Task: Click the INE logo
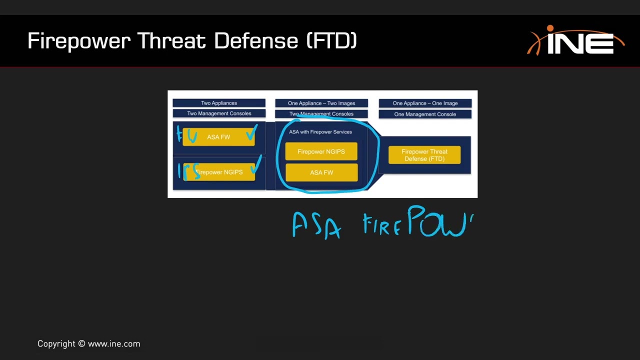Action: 576,41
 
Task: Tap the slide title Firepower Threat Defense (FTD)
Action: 192,41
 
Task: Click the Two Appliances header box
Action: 219,103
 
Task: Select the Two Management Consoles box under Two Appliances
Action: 219,113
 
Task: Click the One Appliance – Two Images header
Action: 321,103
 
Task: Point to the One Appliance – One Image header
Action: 425,103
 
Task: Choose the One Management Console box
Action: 425,114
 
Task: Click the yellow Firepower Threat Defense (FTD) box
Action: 424,155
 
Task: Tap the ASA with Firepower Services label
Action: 320,132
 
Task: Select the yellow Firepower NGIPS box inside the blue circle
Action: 321,151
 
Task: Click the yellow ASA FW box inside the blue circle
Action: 321,172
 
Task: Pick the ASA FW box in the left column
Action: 218,137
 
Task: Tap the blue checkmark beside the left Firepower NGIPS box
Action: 257,163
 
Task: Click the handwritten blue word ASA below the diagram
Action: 316,225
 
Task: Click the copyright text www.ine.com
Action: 114,344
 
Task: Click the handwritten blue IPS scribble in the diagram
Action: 189,171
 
